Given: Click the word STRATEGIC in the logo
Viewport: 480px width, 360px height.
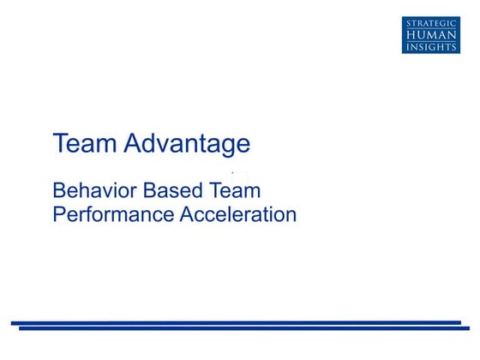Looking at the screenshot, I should click(430, 21).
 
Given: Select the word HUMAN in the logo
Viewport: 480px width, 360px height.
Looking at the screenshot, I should click(430, 34).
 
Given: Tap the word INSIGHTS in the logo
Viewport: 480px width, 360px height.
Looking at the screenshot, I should click(430, 47).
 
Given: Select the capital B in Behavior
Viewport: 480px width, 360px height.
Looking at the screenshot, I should click(59, 190).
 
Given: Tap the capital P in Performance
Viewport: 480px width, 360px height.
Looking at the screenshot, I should click(59, 214).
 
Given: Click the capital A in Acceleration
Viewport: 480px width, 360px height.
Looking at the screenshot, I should click(187, 214).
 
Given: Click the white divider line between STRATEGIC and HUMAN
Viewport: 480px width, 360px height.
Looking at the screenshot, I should click(430, 27).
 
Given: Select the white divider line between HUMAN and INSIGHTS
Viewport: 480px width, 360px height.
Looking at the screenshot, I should click(430, 41).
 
